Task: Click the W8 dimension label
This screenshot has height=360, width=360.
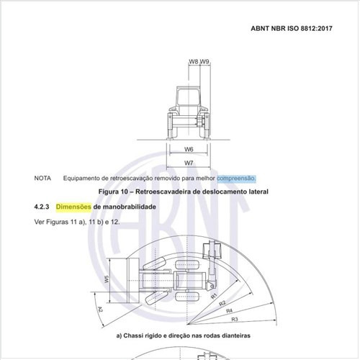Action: pyautogui.click(x=194, y=62)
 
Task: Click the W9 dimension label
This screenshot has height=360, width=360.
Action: pyautogui.click(x=204, y=62)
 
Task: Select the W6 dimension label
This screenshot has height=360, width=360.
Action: pyautogui.click(x=189, y=149)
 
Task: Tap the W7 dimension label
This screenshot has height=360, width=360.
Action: pyautogui.click(x=189, y=163)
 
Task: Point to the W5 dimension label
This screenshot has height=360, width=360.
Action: pyautogui.click(x=107, y=279)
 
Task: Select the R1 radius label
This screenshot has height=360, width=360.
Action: pyautogui.click(x=215, y=294)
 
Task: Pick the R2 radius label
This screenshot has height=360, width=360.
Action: pyautogui.click(x=222, y=302)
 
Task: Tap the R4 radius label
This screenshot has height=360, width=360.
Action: pyautogui.click(x=229, y=310)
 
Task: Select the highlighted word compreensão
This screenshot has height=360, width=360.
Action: pyautogui.click(x=236, y=177)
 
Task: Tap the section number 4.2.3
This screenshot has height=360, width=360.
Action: pyautogui.click(x=42, y=207)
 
